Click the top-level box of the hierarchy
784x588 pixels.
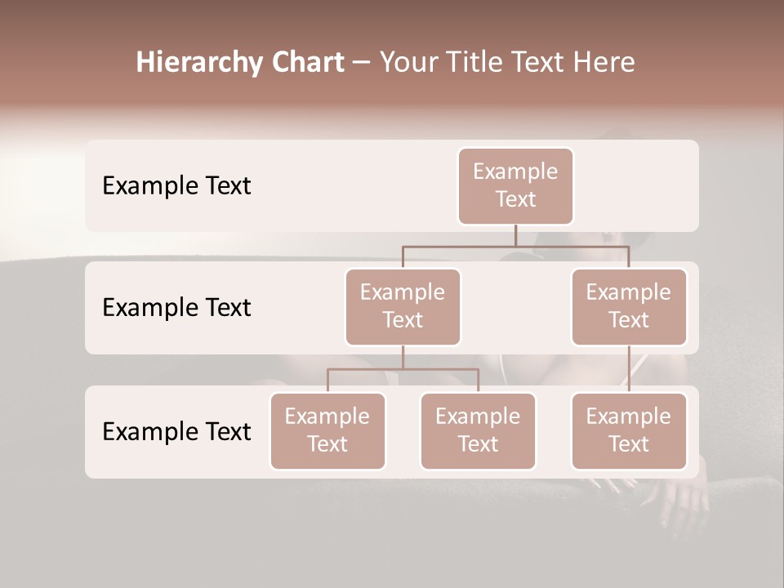coord(515,186)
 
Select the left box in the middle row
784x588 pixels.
coord(403,307)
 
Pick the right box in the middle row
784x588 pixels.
coord(629,307)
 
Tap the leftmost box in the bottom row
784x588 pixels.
coord(327,431)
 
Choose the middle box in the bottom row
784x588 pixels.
coord(478,431)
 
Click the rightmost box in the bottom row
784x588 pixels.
coord(629,431)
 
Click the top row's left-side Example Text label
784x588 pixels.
coord(176,186)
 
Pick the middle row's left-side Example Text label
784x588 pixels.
coord(176,308)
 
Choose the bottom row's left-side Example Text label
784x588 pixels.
coord(176,432)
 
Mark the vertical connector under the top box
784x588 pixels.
coord(515,235)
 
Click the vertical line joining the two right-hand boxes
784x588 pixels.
coord(629,369)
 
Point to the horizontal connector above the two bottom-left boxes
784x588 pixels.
coord(403,369)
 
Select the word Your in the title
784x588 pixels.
coord(408,63)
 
